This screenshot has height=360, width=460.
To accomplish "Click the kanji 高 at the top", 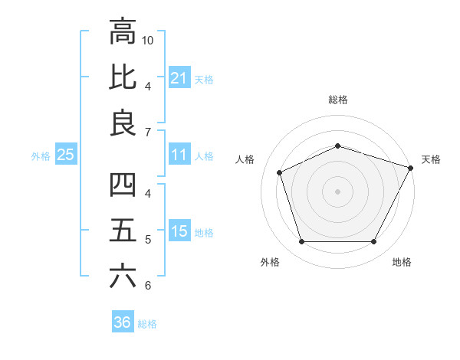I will tap(122, 32).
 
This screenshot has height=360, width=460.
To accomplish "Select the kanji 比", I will tap(122, 77).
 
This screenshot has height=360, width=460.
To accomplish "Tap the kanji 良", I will tap(122, 123).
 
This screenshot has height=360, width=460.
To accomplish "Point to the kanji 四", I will tap(122, 185).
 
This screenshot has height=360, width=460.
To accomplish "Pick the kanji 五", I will tap(122, 231).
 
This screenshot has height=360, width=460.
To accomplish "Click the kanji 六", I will tap(122, 276).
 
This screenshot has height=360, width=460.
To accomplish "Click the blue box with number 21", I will tap(179, 78).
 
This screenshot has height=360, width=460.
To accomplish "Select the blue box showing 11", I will tap(179, 155).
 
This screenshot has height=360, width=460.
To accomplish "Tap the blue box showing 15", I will tap(179, 232).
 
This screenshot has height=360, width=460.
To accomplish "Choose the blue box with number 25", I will tap(66, 155).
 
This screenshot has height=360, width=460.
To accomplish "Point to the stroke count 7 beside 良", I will tap(148, 132).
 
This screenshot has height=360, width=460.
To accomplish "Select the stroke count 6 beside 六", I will tap(148, 286).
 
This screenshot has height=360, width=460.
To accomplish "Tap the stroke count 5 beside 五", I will tap(148, 240).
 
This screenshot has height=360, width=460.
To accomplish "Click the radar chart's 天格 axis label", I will tap(431, 159).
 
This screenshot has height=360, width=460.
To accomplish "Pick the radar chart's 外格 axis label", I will tap(269, 262).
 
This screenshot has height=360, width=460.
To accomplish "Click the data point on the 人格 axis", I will tap(280, 172).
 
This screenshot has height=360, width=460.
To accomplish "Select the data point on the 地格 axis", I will tap(373, 242).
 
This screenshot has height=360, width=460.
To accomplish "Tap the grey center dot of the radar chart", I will tap(337, 191).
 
